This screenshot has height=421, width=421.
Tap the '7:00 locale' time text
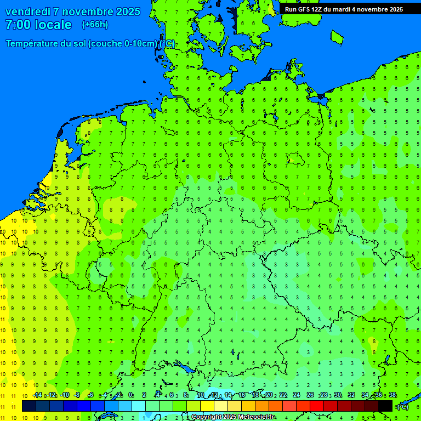point(38,25)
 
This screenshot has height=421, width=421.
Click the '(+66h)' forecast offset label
point(95,25)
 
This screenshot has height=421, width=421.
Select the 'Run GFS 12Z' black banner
point(344,9)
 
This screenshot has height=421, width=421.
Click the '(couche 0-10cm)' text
point(123,44)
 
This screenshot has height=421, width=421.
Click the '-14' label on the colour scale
point(37,395)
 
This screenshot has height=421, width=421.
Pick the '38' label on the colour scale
point(392,395)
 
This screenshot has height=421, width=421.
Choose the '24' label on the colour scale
point(297,395)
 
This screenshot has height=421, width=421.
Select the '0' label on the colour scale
point(130,395)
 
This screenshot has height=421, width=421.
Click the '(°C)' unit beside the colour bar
point(402,407)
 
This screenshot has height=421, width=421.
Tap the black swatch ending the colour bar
point(385,406)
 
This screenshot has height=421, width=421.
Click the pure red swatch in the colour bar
point(317,406)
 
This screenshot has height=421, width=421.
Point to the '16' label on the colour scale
point(242,395)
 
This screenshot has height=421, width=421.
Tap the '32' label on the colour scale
point(351,395)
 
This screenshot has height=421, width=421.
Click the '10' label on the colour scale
point(201,395)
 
